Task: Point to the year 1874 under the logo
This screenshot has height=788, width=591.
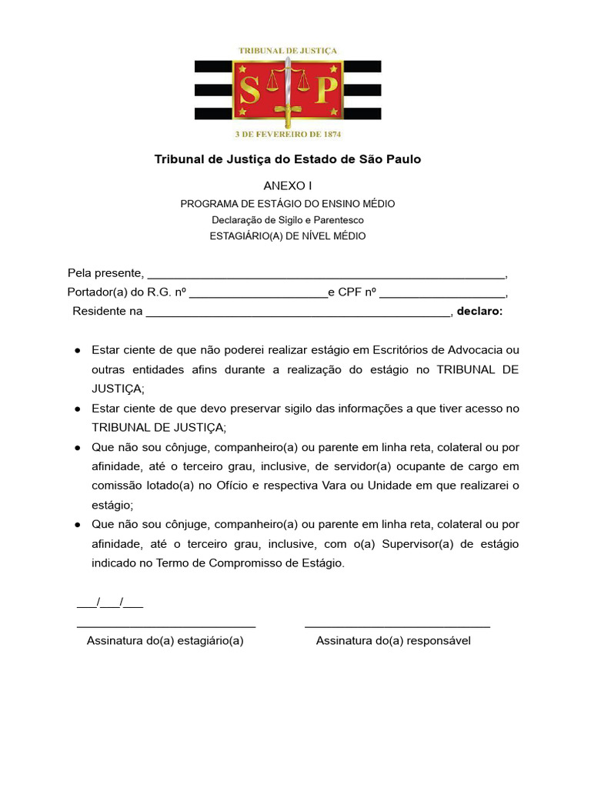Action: pyautogui.click(x=331, y=132)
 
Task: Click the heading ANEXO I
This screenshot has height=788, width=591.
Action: pyautogui.click(x=288, y=185)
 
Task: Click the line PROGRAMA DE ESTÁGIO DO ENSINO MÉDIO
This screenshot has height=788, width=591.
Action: pyautogui.click(x=288, y=204)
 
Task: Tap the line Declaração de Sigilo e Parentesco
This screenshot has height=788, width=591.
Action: pyautogui.click(x=288, y=220)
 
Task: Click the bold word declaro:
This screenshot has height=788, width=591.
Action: pyautogui.click(x=479, y=311)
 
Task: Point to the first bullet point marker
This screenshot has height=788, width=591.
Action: pyautogui.click(x=78, y=350)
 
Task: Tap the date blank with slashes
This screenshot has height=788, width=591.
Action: pyautogui.click(x=110, y=601)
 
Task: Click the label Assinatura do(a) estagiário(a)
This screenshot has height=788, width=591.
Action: pyautogui.click(x=165, y=640)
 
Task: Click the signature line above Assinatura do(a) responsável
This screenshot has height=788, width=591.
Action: pyautogui.click(x=397, y=626)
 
